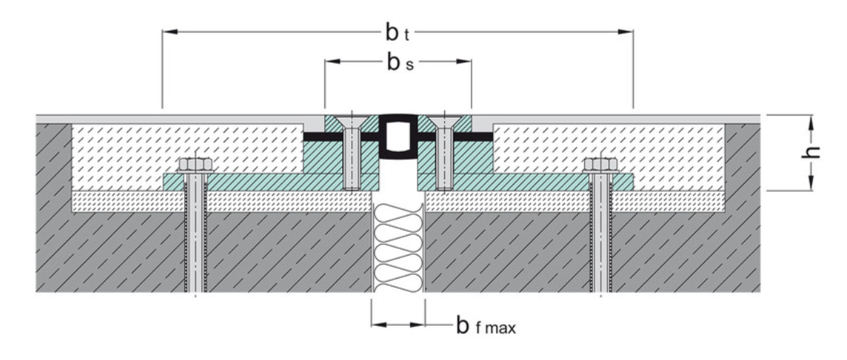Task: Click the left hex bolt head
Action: (195, 164)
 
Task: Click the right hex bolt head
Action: (600, 164)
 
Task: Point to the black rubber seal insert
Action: (398, 137)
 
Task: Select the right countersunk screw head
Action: (444, 121)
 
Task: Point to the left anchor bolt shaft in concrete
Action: (195, 237)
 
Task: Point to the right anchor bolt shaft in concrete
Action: (600, 237)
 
